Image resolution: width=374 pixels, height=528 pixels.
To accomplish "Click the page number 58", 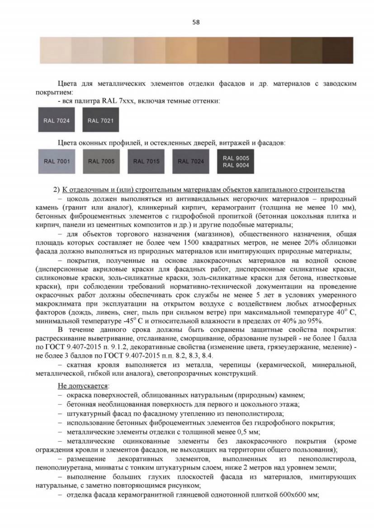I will (x=196, y=22).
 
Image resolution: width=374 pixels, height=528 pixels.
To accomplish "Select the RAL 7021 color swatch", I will (x=101, y=120).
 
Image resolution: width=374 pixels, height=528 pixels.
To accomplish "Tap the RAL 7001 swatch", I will (x=57, y=161).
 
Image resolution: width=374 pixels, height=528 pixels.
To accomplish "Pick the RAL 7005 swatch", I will (x=101, y=161).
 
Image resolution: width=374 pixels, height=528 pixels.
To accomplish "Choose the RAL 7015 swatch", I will (x=146, y=161).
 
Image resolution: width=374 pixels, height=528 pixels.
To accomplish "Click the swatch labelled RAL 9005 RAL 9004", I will (x=236, y=161).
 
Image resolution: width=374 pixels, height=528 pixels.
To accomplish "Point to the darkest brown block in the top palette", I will (x=338, y=50).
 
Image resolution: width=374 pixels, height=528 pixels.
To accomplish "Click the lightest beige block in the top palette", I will (x=55, y=50).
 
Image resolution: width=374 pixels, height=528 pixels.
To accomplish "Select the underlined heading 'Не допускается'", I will (x=83, y=386).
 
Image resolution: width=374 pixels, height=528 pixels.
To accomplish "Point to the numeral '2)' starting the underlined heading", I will (x=56, y=190).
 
